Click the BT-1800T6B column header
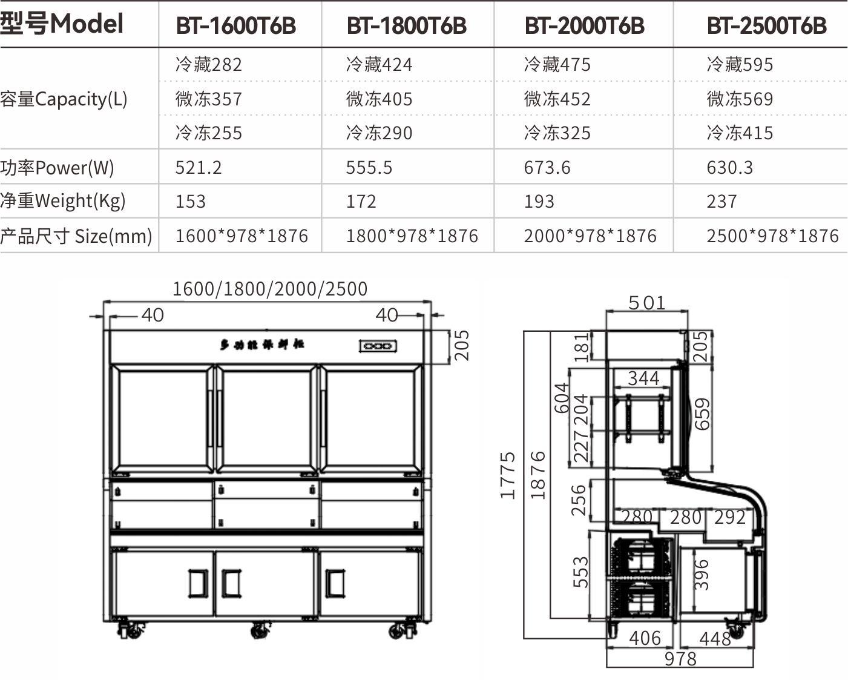[406, 25]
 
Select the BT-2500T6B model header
[766, 25]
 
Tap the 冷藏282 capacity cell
[208, 64]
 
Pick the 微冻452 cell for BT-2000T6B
[557, 99]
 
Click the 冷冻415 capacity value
[740, 133]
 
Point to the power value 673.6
[547, 168]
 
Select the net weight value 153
[190, 202]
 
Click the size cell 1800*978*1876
[412, 236]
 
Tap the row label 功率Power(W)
[57, 168]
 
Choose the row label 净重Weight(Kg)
[63, 201]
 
